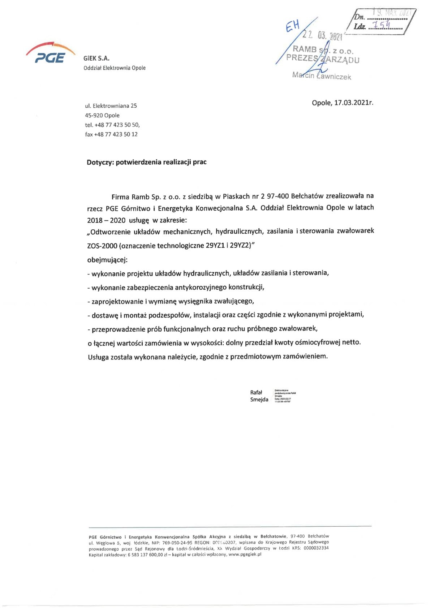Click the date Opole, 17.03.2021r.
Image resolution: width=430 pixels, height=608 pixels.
click(342, 103)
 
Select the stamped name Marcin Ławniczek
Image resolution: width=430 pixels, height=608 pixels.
click(322, 76)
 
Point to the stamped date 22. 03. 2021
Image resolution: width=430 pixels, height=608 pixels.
click(323, 35)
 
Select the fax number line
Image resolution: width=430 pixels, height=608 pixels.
click(111, 134)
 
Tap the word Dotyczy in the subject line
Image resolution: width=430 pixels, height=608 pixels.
click(100, 162)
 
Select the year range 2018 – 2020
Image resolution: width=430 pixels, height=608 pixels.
click(106, 220)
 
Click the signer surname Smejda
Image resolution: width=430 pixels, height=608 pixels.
click(259, 400)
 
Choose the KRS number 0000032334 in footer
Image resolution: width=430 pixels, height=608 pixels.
click(316, 548)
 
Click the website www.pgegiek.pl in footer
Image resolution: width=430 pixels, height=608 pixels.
click(245, 555)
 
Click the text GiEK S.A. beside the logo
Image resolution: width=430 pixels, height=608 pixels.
click(96, 58)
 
